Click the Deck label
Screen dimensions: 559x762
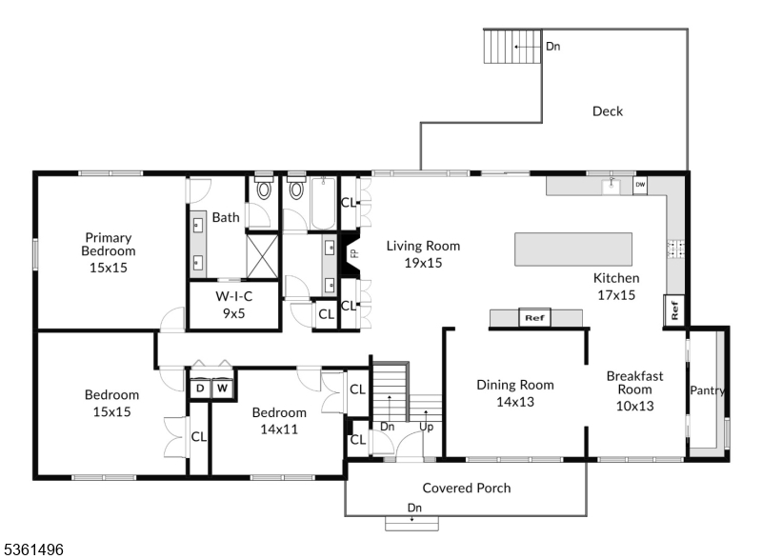coord(608,111)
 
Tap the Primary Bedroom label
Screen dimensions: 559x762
coord(108,252)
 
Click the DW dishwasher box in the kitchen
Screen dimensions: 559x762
coord(640,185)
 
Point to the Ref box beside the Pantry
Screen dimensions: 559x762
coord(674,311)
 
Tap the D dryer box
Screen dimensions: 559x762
coord(200,388)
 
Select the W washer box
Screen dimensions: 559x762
coord(222,388)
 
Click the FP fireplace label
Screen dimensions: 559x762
coord(353,254)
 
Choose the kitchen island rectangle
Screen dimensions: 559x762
coord(573,249)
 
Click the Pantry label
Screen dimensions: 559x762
coord(708,390)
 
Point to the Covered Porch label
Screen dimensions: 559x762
coord(467,488)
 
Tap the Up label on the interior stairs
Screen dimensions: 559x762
coord(427,427)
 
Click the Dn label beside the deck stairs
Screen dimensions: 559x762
coord(552,45)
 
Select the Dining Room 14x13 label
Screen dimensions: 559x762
coord(515,393)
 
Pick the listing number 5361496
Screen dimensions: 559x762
coord(33,549)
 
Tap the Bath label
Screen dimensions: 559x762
coord(226,217)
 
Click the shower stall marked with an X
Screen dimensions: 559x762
coord(263,255)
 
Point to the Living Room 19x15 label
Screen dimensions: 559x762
coord(416,253)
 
